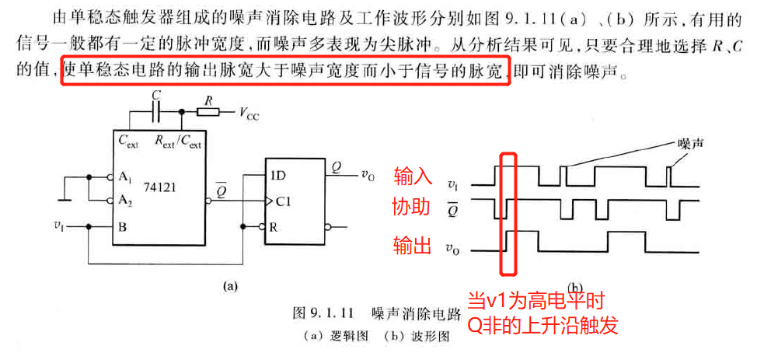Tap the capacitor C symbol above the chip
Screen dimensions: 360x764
click(158, 112)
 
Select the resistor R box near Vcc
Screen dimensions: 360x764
click(208, 112)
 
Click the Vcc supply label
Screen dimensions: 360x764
click(250, 114)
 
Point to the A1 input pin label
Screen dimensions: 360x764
click(124, 176)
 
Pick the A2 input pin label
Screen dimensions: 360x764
click(124, 199)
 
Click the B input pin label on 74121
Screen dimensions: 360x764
click(122, 227)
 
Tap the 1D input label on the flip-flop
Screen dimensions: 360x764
click(277, 176)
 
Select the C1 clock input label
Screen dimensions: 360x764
click(281, 201)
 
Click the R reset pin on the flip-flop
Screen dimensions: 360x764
click(274, 227)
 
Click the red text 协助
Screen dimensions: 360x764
click(411, 208)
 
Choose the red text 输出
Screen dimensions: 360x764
click(411, 246)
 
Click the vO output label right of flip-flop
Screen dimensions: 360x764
click(368, 175)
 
